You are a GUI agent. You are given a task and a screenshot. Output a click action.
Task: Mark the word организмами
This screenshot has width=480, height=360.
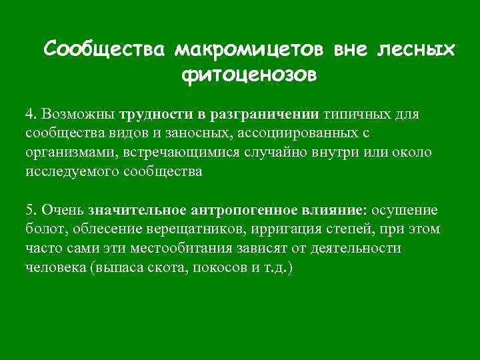[68, 152]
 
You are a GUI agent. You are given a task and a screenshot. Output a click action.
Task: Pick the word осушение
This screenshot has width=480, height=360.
[405, 210]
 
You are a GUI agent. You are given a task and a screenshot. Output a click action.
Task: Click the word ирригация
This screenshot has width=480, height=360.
[271, 229]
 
